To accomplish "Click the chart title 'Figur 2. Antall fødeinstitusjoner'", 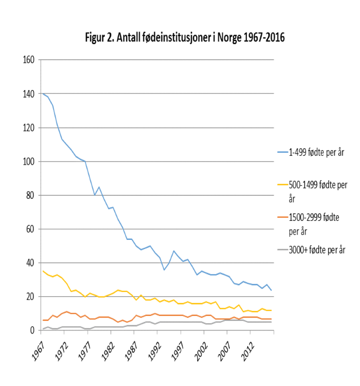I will pyautogui.click(x=185, y=38).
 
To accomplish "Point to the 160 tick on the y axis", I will pyautogui.click(x=29, y=60).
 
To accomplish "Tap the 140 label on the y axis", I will pyautogui.click(x=29, y=94).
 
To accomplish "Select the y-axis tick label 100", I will pyautogui.click(x=29, y=162).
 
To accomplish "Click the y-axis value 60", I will pyautogui.click(x=31, y=229).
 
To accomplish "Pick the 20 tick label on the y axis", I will pyautogui.click(x=31, y=297).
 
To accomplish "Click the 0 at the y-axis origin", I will pyautogui.click(x=33, y=330).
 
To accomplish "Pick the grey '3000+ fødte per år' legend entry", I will pyautogui.click(x=317, y=250).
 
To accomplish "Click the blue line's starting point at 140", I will pyautogui.click(x=43, y=94).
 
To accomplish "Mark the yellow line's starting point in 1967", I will pyautogui.click(x=43, y=271).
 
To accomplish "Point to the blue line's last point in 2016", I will pyautogui.click(x=272, y=290).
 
